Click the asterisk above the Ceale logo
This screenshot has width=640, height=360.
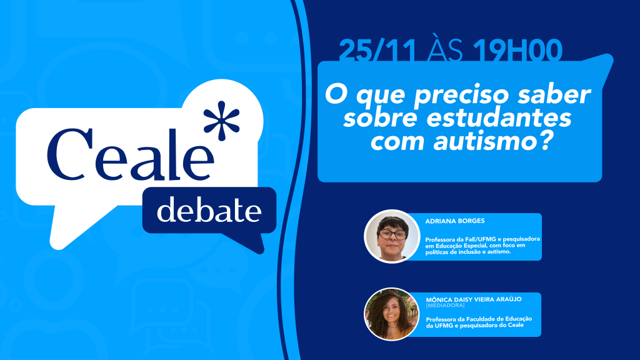click(x=222, y=121)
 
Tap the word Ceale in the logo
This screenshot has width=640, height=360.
click(x=131, y=155)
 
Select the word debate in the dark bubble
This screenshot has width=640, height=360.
click(x=209, y=210)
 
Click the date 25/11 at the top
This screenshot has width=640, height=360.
click(x=377, y=51)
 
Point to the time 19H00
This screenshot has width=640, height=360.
click(x=517, y=51)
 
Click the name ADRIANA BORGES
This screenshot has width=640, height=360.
click(x=455, y=221)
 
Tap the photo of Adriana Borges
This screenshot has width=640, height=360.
click(x=392, y=236)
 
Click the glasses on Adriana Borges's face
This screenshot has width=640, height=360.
click(x=392, y=234)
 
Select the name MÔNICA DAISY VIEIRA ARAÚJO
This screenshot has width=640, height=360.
click(x=474, y=299)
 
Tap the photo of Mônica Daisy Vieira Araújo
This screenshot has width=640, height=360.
click(x=391, y=314)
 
